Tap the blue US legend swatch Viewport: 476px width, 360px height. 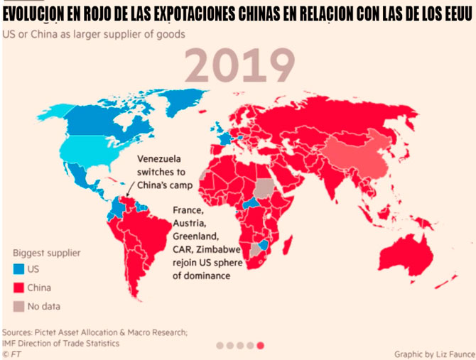18,269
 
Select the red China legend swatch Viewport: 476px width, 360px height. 18,288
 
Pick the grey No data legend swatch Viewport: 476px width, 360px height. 18,307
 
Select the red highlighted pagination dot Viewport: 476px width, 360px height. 260,345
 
